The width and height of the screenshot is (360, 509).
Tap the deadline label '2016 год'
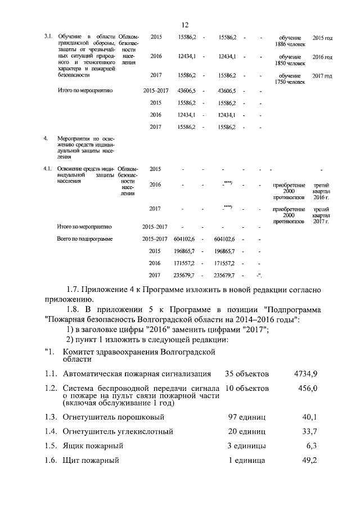pos(322,57)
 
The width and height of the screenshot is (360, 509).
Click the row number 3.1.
pos(48,37)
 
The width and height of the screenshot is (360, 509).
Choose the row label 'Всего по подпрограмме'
pos(85,239)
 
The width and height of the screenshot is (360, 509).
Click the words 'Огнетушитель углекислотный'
pos(118,431)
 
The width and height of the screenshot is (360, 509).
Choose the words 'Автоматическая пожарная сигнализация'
pos(137,373)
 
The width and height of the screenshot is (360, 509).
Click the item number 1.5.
pos(51,446)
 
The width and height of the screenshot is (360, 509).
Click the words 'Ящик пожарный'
pos(93,446)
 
